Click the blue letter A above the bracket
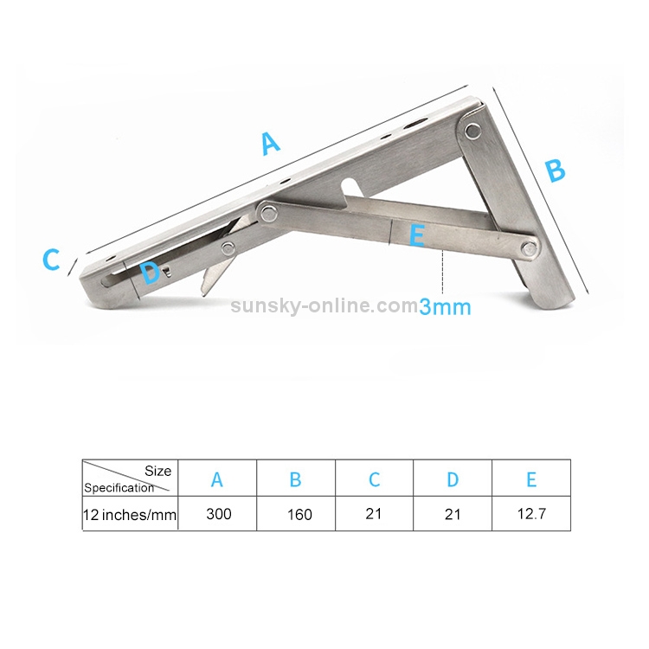271,143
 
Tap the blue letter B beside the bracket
555,170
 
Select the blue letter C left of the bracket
52,259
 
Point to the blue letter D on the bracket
151,274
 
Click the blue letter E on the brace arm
417,235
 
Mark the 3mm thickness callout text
445,306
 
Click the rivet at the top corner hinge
472,131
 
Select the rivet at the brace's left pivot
267,209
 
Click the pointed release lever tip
205,289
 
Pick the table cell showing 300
218,514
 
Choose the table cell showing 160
299,514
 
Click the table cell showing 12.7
530,514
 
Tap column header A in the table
217,479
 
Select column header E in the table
531,479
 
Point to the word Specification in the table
119,488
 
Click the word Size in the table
157,472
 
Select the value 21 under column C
373,514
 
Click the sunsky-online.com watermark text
324,305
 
